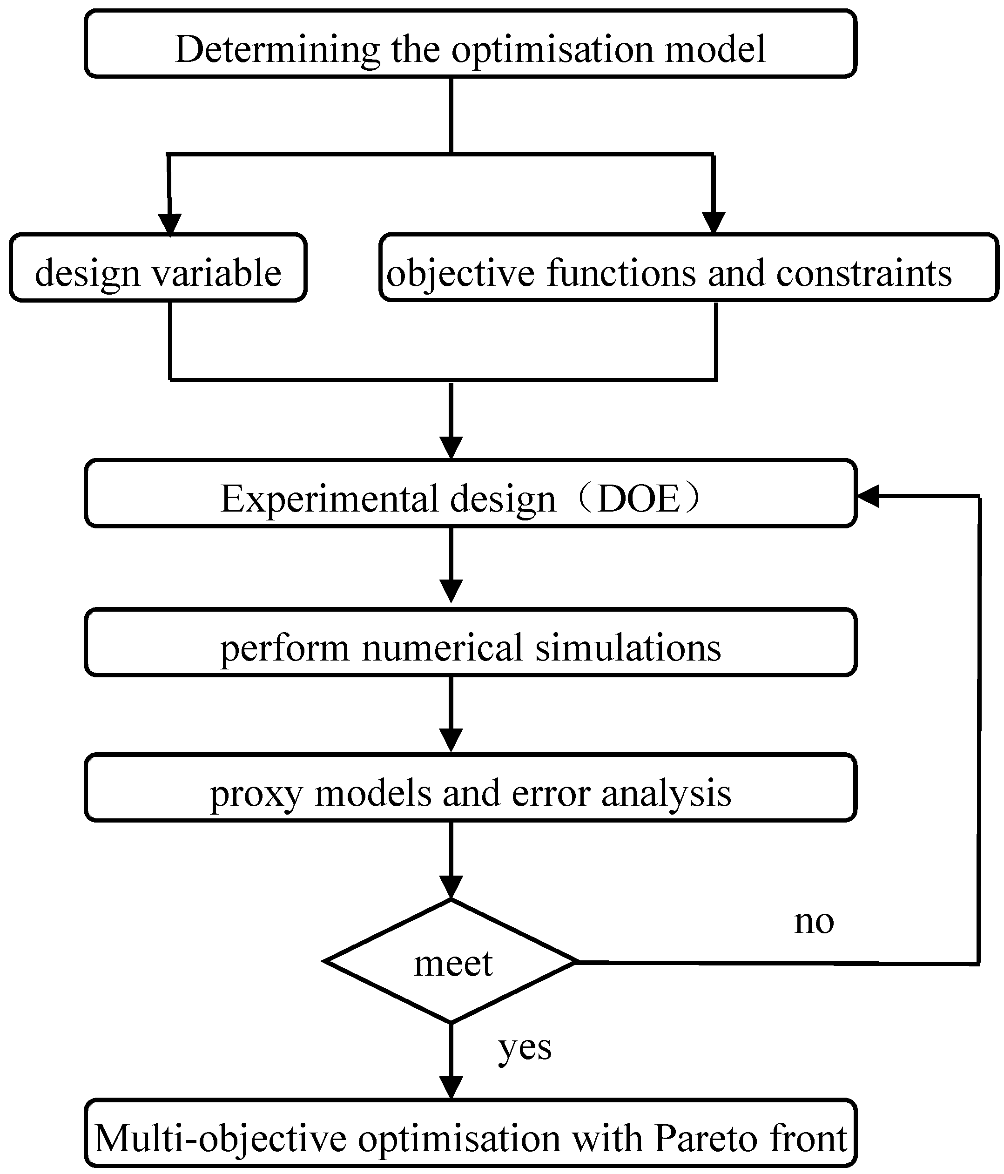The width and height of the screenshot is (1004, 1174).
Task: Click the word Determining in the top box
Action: [x=277, y=50]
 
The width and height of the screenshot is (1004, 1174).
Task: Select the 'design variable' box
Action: [x=158, y=268]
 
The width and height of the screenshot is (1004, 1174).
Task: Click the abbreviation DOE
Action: [x=639, y=500]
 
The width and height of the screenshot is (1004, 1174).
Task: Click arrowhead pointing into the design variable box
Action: [x=169, y=224]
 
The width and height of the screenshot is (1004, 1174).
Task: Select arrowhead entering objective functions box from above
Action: [x=714, y=223]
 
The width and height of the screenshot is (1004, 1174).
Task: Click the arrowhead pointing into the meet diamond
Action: [x=451, y=887]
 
